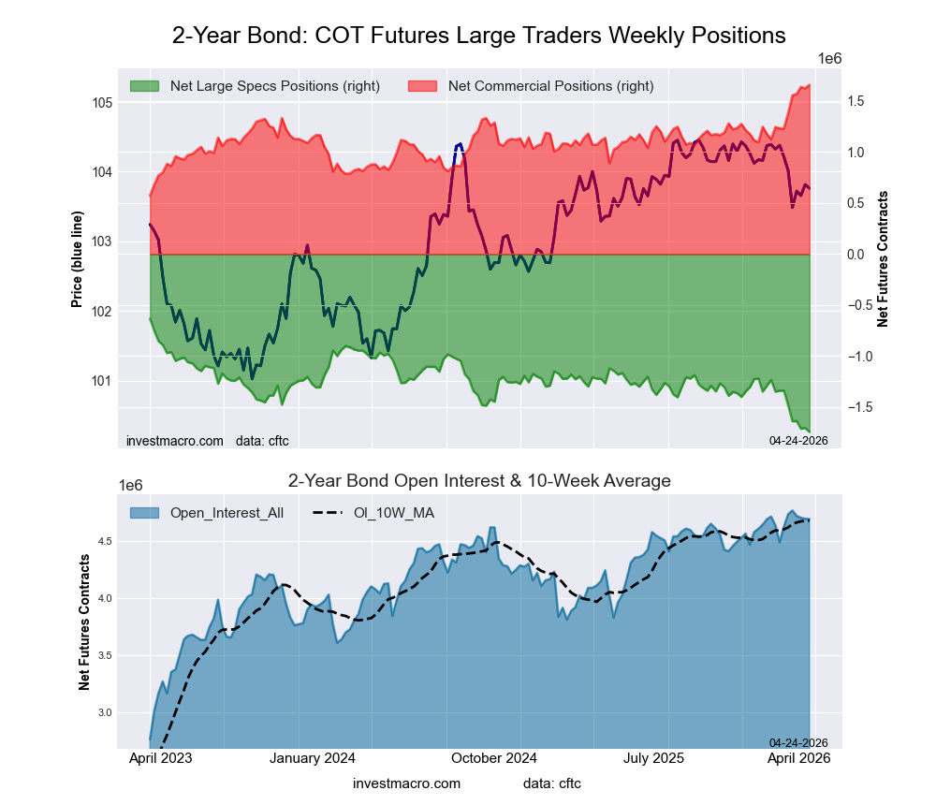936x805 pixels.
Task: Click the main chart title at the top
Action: [x=478, y=36]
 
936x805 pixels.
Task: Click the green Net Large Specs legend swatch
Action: [x=144, y=86]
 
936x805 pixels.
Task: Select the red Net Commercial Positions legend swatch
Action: [x=422, y=86]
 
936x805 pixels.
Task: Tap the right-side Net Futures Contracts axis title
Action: [x=882, y=258]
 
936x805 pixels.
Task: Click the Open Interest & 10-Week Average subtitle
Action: [x=478, y=481]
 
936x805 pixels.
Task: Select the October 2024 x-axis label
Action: [x=494, y=758]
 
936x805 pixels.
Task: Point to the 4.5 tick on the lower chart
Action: [x=104, y=542]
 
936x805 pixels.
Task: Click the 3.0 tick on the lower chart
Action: [x=104, y=713]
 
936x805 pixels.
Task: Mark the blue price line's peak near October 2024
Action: [x=460, y=144]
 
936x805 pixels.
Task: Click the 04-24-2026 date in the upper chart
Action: [x=792, y=440]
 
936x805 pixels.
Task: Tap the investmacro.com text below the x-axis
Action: [x=406, y=783]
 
